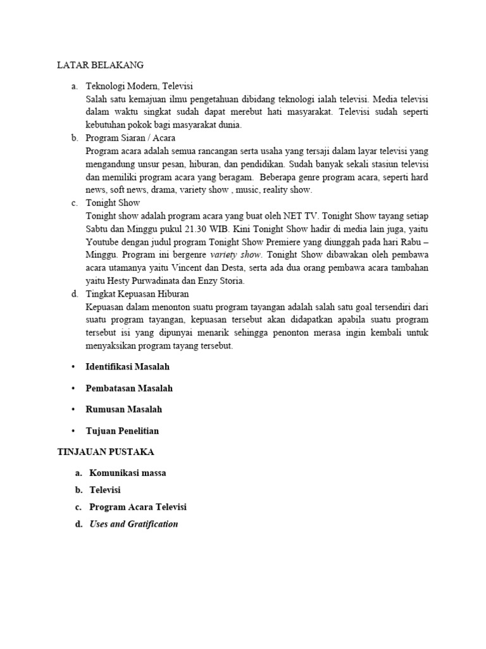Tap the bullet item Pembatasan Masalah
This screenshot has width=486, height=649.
(x=129, y=388)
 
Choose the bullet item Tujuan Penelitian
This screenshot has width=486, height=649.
(x=122, y=431)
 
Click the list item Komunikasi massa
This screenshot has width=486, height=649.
(x=128, y=473)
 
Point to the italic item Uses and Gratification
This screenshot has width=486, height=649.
(x=134, y=524)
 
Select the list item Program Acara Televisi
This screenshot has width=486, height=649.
(x=138, y=507)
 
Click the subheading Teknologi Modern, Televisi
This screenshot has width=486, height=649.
(x=139, y=86)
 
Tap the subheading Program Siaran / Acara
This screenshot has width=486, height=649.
(x=130, y=138)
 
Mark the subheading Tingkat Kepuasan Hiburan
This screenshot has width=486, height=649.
(x=137, y=294)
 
